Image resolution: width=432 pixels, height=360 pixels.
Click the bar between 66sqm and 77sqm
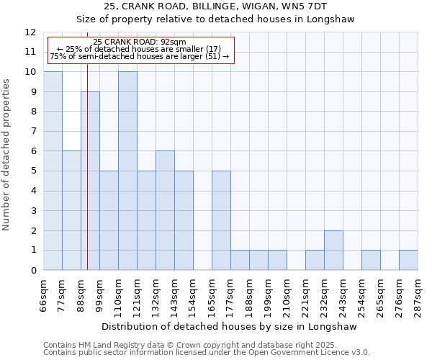[53, 171]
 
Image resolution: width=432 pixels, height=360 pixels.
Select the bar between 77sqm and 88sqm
[71, 210]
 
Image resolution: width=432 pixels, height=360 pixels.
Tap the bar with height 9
[90, 181]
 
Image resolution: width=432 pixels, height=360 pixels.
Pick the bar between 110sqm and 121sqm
[127, 171]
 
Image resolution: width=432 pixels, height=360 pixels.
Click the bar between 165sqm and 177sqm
[221, 220]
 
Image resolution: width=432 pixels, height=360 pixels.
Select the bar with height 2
[333, 250]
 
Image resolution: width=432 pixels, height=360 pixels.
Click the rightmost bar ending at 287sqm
[408, 260]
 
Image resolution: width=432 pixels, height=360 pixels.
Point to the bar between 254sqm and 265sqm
[371, 260]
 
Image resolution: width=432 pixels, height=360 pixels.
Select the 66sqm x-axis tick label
[43, 295]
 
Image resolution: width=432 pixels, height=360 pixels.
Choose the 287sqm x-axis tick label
[418, 295]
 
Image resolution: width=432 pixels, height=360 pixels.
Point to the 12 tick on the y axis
[30, 32]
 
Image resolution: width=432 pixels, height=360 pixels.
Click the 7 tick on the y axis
[32, 132]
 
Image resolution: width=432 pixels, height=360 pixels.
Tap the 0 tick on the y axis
[32, 271]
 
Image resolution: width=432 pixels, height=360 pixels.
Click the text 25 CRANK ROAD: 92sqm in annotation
[140, 42]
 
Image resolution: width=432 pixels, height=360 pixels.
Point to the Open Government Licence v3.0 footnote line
[207, 353]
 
